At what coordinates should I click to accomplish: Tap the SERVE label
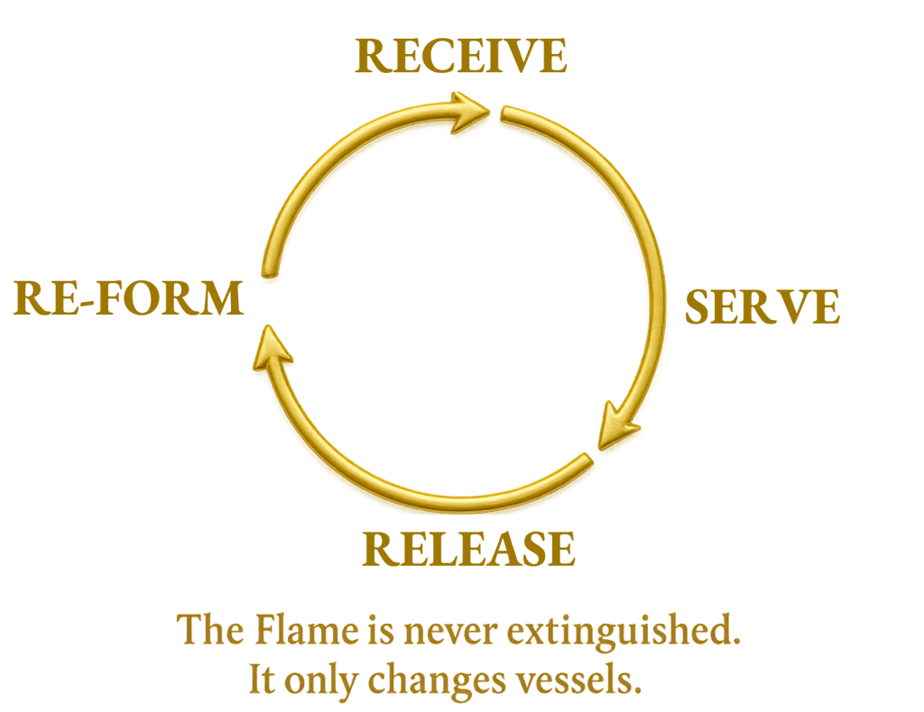tap(762, 307)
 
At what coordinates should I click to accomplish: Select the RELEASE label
tap(468, 549)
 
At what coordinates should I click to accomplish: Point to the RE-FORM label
tap(129, 298)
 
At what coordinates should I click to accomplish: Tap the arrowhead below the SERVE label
tap(620, 425)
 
